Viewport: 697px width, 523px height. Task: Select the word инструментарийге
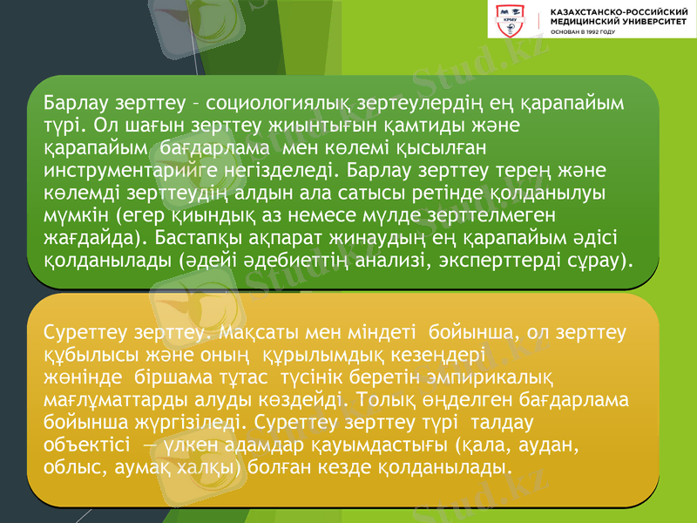pos(132,170)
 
